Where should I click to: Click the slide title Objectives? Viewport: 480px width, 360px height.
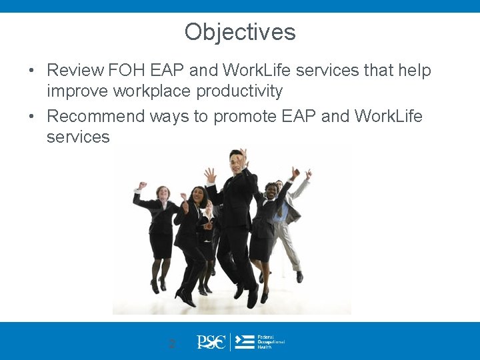(x=240, y=32)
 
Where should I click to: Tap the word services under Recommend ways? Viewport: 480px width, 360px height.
(x=78, y=137)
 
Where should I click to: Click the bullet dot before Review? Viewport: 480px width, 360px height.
(x=31, y=71)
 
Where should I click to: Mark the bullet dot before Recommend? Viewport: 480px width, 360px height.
(x=31, y=117)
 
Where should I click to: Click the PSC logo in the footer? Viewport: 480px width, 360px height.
(x=211, y=343)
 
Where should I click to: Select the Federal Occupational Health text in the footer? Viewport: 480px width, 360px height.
(x=270, y=343)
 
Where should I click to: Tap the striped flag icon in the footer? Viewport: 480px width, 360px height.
(x=245, y=343)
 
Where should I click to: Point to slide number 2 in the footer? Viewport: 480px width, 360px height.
(x=172, y=344)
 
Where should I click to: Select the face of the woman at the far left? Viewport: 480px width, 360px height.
(x=163, y=193)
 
